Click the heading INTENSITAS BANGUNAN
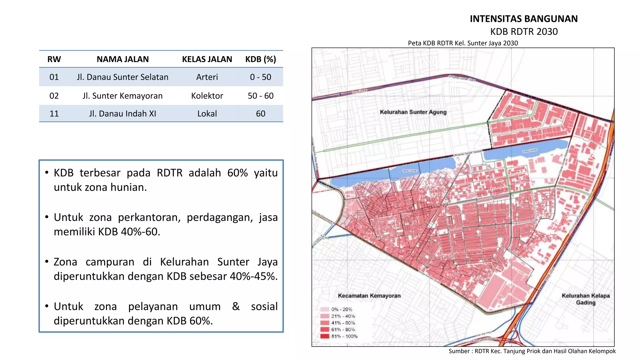524,19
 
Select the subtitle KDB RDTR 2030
524,32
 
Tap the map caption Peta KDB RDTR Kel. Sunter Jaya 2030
463,43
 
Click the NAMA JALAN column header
122,59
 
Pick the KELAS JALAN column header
207,59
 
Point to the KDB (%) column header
261,59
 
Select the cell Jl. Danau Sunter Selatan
122,77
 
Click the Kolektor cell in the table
207,96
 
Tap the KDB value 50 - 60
261,96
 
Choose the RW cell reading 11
54,113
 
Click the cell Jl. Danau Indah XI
122,113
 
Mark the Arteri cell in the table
207,77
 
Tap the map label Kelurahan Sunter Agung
413,112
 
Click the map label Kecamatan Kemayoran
369,296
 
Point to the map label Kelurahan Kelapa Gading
586,299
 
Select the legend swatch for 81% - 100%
325,336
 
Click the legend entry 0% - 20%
341,309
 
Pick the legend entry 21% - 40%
343,316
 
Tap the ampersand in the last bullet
236,307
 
